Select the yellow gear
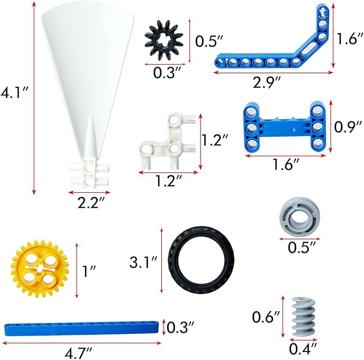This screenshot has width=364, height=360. [40, 268]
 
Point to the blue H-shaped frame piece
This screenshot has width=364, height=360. [284, 127]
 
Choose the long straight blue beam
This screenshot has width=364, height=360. [81, 328]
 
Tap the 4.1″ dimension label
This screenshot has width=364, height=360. [14, 93]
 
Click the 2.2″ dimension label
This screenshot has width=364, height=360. [91, 202]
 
